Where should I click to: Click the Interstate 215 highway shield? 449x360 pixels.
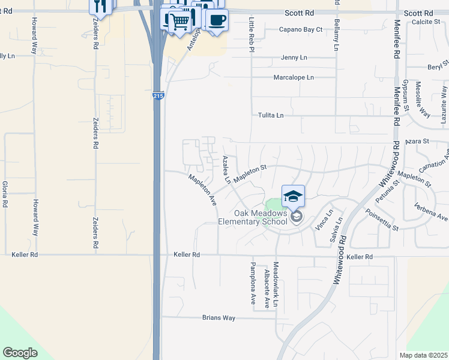tap(158, 96)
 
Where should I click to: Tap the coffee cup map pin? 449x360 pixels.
tap(217, 20)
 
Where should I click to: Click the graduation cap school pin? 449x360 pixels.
tap(293, 196)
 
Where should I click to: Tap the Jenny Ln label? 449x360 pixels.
tap(294, 58)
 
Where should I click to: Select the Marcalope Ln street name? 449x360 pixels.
tap(294, 77)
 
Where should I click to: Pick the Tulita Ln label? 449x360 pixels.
tap(270, 115)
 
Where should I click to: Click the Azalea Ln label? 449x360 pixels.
tap(227, 169)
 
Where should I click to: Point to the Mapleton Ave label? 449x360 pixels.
tap(202, 190)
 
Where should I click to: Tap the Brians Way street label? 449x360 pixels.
tap(218, 317)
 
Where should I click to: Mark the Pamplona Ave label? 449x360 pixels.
tap(254, 284)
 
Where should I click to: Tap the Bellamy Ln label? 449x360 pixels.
tap(336, 36)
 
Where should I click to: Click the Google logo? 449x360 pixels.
tap(20, 353)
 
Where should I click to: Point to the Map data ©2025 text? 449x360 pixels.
tap(424, 355)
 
